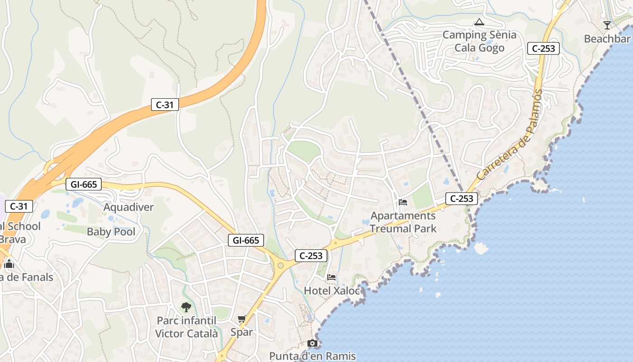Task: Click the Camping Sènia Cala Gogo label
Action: click(x=479, y=41)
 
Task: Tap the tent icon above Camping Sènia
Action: click(x=479, y=22)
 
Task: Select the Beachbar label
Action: click(x=607, y=39)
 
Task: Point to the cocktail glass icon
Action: click(x=607, y=25)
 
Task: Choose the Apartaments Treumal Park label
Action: click(x=403, y=222)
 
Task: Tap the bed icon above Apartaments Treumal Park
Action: click(x=403, y=202)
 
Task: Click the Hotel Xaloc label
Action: click(x=332, y=291)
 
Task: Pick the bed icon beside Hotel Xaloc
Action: click(x=332, y=277)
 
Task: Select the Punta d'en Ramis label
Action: click(x=312, y=356)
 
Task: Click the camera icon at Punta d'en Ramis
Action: click(x=312, y=343)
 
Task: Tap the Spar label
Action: click(x=241, y=332)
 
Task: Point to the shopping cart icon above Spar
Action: click(x=242, y=319)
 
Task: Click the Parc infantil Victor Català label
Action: click(x=186, y=327)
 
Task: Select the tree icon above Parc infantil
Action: click(x=186, y=308)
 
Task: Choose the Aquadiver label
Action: click(x=128, y=207)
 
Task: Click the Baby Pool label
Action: click(x=111, y=232)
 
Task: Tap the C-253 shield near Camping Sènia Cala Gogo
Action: click(x=543, y=48)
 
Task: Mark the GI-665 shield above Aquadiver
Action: click(x=84, y=184)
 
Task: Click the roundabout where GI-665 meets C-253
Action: click(x=281, y=265)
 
